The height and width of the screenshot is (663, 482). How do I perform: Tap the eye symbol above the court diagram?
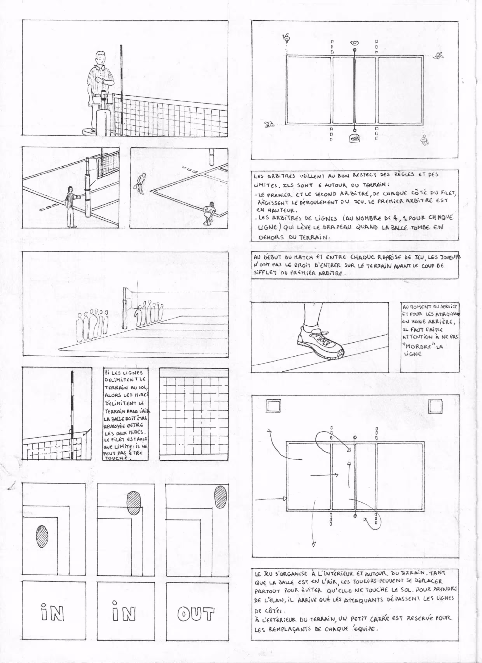point(355,43)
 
